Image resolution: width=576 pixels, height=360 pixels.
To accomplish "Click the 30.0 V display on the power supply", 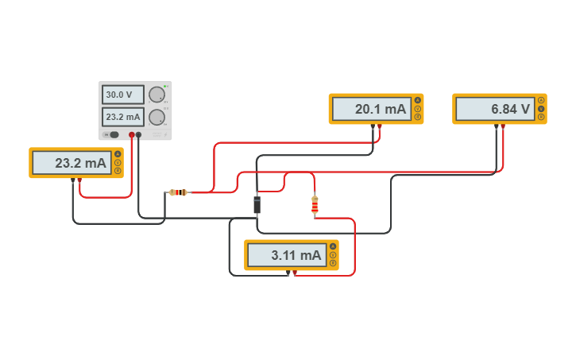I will click(122, 95).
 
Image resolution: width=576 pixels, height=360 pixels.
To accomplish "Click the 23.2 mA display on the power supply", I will click(122, 117).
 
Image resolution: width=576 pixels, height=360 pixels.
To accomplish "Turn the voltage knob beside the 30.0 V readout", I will click(157, 95).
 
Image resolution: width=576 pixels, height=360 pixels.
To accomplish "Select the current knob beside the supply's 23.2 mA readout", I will click(157, 118).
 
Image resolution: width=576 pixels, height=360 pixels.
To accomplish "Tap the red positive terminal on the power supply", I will click(132, 135).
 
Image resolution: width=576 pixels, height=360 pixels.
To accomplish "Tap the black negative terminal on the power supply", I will click(139, 135).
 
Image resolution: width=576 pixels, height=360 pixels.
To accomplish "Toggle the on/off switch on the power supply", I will click(114, 135).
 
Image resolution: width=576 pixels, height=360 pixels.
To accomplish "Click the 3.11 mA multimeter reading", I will click(287, 255).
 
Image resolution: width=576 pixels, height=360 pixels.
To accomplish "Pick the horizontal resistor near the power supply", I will click(179, 192).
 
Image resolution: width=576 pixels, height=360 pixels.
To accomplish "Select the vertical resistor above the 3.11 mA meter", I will click(315, 206).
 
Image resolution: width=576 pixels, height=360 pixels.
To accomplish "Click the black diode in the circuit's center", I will click(257, 204).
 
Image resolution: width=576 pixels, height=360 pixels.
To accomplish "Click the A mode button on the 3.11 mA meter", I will click(333, 246).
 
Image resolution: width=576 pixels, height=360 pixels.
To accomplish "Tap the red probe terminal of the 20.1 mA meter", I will click(379, 126).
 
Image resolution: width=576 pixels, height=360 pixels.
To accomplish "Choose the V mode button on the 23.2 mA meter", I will click(118, 163).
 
